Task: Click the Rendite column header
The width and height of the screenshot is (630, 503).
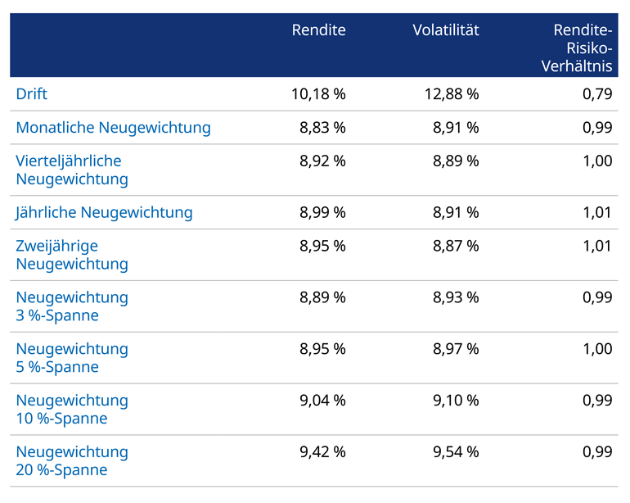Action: click(x=318, y=30)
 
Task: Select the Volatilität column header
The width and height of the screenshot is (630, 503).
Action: click(x=445, y=30)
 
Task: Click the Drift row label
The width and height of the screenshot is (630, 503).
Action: click(x=32, y=94)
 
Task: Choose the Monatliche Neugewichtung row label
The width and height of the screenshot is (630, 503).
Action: click(x=113, y=128)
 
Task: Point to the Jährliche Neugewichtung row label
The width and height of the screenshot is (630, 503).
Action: click(x=104, y=213)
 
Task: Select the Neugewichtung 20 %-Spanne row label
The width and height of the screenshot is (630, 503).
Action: click(x=72, y=460)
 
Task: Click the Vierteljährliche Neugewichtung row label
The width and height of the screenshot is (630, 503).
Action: click(x=72, y=170)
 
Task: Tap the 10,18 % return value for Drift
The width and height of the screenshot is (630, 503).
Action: click(x=318, y=94)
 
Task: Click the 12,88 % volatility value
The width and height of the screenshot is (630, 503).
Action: click(x=452, y=94)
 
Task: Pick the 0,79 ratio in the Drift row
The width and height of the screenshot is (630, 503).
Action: click(x=596, y=94)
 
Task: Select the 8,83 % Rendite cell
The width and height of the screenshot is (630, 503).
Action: click(x=322, y=128)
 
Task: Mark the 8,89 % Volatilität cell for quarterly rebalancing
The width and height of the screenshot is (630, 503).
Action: click(x=456, y=161)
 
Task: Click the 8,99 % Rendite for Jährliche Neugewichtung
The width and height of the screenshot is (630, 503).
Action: click(x=322, y=213)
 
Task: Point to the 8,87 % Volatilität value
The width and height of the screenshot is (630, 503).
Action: click(x=456, y=247)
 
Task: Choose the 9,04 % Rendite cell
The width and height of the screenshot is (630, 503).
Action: click(x=322, y=401)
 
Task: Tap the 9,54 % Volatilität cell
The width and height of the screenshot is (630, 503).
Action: click(x=456, y=452)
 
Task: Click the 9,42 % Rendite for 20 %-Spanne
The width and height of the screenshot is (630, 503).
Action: click(x=322, y=452)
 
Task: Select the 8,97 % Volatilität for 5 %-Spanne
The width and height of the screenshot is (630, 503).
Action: click(x=456, y=349)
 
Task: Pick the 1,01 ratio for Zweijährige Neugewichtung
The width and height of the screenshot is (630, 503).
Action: click(x=596, y=247)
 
